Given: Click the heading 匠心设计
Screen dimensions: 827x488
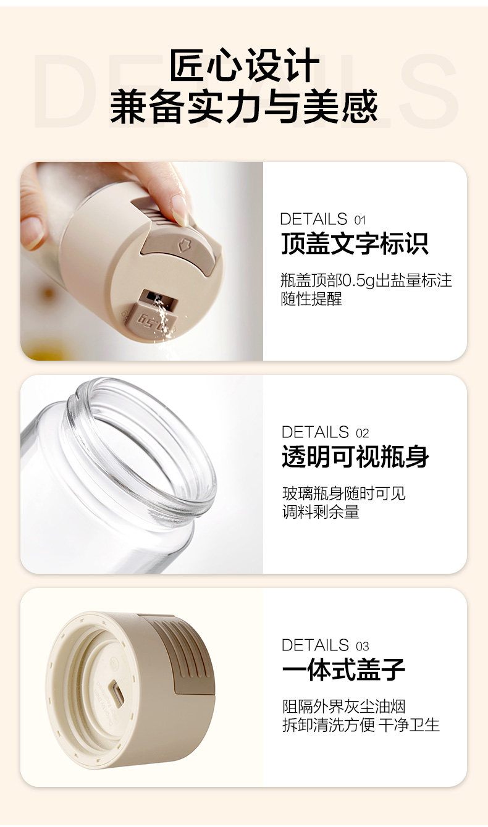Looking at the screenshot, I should pos(244,67).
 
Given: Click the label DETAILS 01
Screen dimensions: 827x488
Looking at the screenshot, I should pos(322,219).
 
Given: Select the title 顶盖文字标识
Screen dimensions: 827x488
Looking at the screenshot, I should pos(354,244).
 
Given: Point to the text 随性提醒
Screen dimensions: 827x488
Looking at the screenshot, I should pos(311,299).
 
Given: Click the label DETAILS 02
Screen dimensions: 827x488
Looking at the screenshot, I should pos(325,432).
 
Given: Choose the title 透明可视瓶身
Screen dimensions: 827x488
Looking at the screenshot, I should pos(355,457).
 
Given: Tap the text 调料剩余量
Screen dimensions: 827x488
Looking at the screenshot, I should pos(321,512).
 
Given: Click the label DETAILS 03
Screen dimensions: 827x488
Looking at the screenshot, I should pos(325,645).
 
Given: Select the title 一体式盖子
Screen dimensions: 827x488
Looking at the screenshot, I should pos(343,670).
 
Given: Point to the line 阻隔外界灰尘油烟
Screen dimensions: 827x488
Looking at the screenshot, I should pos(343,707).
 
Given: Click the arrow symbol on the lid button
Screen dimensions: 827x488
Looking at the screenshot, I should pos(183,245).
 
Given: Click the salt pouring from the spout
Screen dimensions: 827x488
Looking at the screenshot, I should pos(161,315).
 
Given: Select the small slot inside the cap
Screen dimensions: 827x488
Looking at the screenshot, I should pos(116,693).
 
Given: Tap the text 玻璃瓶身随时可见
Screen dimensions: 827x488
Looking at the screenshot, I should pos(343,493).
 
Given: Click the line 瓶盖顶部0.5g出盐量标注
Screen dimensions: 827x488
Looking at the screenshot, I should pos(366,281).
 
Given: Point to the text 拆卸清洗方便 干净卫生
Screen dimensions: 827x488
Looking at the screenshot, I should pos(361,724).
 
